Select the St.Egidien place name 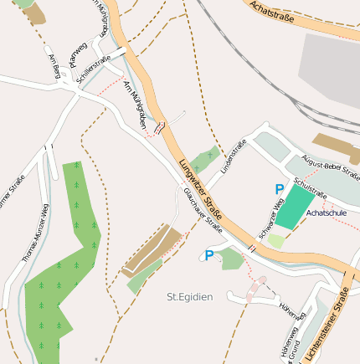[189, 296]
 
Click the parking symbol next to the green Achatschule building [279, 191]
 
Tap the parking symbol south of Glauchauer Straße [209, 255]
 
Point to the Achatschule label [327, 214]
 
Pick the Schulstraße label [311, 191]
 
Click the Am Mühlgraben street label [135, 105]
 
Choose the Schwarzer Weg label [271, 223]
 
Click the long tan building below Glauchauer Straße [151, 251]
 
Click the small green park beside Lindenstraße [204, 159]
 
